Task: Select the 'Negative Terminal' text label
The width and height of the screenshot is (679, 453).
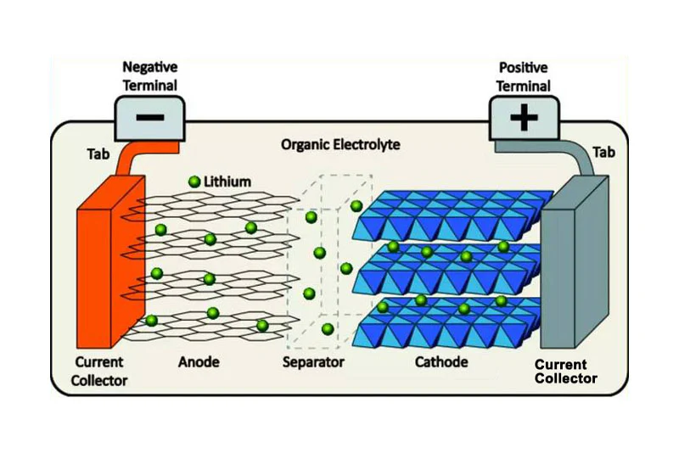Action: tap(149, 75)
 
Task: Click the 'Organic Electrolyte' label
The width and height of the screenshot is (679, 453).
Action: tap(340, 145)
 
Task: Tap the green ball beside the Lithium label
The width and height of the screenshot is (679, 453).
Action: tap(194, 182)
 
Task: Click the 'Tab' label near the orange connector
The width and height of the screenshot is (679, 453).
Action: tap(98, 154)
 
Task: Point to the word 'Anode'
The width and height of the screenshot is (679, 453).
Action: tap(199, 362)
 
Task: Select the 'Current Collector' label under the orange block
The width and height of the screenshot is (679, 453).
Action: tap(98, 372)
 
